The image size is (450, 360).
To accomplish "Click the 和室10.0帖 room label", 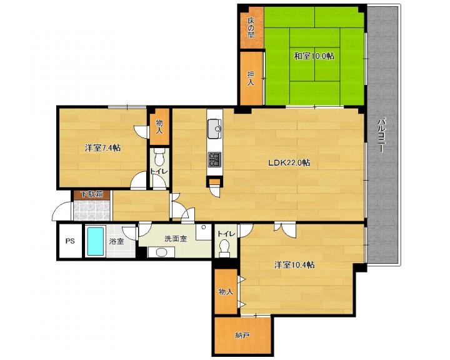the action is [x=314, y=56].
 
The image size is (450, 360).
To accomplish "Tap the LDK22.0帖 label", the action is [x=289, y=162].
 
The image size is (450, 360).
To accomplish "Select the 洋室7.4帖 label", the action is [x=102, y=148].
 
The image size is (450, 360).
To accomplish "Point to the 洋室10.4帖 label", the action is [x=294, y=264].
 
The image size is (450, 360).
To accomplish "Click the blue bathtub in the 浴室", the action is [x=95, y=241].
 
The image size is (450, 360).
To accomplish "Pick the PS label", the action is [x=70, y=241].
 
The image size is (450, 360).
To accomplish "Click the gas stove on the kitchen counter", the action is [x=214, y=159].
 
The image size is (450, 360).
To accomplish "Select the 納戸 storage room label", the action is [x=242, y=335].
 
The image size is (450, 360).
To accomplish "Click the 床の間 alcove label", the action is [x=251, y=28].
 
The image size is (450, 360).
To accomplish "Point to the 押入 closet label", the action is [x=251, y=78].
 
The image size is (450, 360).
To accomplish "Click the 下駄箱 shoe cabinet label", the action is [x=91, y=194].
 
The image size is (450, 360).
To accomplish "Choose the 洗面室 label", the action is [x=176, y=238].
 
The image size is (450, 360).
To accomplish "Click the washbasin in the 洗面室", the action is [x=161, y=252].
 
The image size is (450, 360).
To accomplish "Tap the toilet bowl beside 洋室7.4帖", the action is [x=158, y=156].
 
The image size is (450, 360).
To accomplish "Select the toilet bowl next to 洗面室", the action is [x=224, y=247].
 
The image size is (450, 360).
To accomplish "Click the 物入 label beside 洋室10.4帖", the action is [x=226, y=292].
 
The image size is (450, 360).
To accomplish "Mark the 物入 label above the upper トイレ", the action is [x=159, y=127].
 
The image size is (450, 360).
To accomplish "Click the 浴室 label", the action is [x=116, y=241].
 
